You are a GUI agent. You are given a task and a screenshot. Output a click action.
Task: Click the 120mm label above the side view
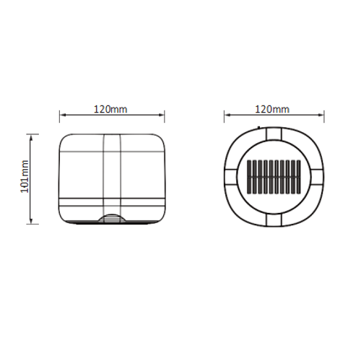[110, 109]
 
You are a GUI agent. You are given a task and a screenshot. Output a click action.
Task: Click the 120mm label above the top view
[272, 109]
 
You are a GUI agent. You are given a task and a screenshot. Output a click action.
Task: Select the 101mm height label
[25, 176]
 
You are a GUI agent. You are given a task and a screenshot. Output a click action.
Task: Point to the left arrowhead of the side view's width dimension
[63, 115]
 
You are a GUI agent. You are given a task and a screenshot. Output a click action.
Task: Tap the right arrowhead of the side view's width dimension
[162, 115]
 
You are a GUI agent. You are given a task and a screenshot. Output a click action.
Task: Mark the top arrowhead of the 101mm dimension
[31, 138]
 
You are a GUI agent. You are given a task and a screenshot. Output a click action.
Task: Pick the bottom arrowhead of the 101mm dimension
[31, 221]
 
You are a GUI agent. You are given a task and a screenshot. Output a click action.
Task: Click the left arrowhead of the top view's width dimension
[227, 115]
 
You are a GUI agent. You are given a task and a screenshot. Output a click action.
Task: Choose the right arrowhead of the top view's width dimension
[321, 115]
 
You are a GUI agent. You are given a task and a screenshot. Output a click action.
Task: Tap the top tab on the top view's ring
[274, 134]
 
